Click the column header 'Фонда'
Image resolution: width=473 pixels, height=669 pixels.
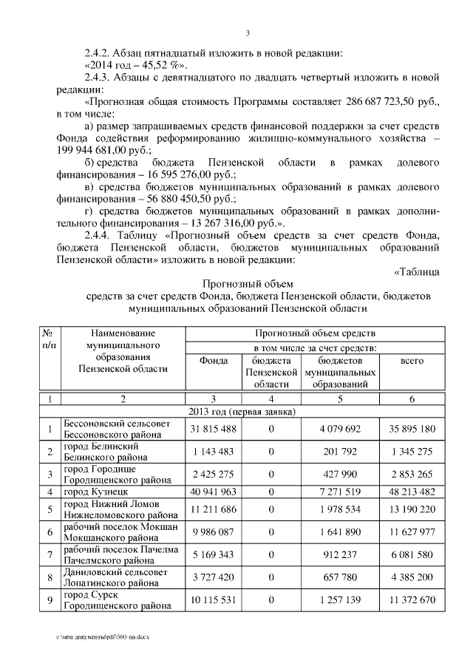(213, 360)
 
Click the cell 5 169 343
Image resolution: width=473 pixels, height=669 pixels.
(213, 554)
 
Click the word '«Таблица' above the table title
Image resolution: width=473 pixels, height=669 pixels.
(416, 271)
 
